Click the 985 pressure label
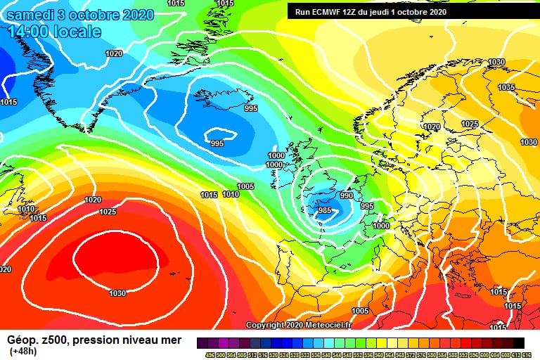coord(325,210)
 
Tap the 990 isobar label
coord(346,195)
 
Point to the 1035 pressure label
coord(506,87)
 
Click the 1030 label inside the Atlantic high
coord(117,293)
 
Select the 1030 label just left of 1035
coord(496,62)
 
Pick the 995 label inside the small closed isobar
coord(217,143)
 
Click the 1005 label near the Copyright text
coord(360,311)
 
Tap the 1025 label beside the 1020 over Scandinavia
coord(470,124)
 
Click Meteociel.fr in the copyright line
coord(309,325)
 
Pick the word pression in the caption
coord(103,340)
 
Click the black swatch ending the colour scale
coord(518,342)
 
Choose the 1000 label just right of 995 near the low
coord(381,226)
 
